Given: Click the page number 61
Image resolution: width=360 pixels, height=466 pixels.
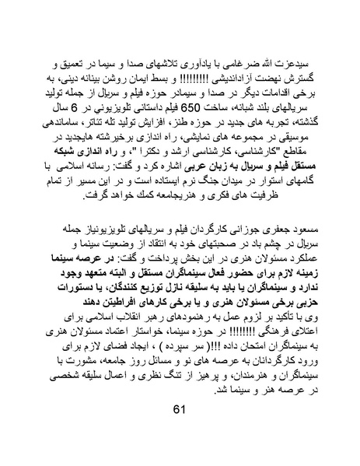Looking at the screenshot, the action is (x=180, y=432).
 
